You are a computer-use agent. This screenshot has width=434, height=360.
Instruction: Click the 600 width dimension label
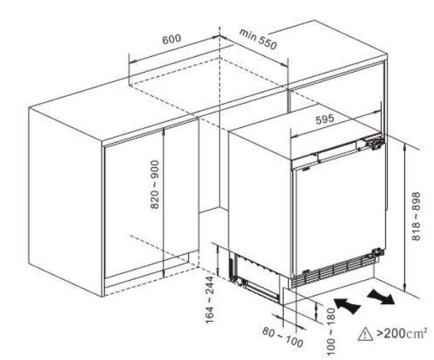pos(171,39)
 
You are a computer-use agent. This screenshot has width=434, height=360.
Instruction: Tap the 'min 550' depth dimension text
pos(258,39)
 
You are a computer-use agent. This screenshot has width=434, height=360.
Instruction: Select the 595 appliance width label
pos(325,119)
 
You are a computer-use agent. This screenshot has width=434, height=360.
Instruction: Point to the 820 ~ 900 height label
pos(155,185)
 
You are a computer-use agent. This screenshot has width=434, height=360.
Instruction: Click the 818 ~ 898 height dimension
pos(416,216)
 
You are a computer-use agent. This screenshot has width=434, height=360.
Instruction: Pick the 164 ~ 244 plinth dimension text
pos(210,300)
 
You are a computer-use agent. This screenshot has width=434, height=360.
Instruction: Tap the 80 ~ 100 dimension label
pos(283,337)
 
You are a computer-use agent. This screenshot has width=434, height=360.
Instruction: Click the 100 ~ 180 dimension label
pos(331,332)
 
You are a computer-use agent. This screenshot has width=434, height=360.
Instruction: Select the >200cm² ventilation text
pos(402,333)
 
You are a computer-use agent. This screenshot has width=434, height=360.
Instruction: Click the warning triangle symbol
pos(365,334)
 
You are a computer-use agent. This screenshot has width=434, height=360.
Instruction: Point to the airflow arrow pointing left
pos(347,305)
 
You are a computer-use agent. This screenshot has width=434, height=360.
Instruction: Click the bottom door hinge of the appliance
pos(377,252)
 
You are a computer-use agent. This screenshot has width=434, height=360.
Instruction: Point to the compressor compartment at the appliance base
pos(254,276)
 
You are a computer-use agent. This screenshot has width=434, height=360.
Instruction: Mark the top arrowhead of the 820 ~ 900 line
pos(164,131)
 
